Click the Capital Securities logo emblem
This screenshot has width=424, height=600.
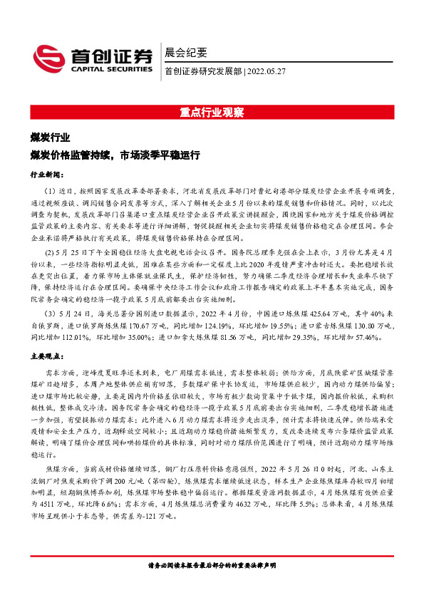coord(48,56)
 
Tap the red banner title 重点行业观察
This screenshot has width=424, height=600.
coord(212,113)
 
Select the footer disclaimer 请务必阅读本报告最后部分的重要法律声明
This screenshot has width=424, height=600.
coord(212,567)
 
